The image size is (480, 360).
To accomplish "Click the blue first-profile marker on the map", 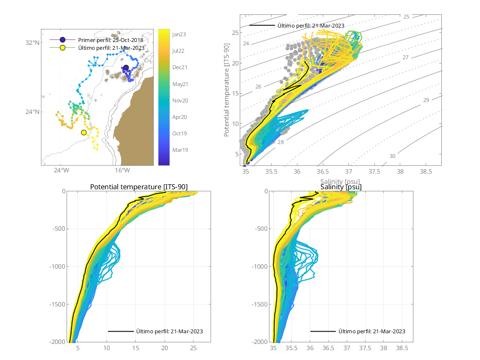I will [x=126, y=67].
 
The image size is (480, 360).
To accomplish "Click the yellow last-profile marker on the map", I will [x=84, y=132].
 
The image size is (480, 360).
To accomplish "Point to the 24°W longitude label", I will [x=61, y=171].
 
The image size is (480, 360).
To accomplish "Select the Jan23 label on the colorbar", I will [x=179, y=35].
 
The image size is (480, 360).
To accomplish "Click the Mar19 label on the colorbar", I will [x=180, y=150].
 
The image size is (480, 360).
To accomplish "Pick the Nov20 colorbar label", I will [x=180, y=100].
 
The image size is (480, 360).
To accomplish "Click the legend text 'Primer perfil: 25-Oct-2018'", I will [x=110, y=40].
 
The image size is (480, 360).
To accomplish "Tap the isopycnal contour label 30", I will [x=392, y=156].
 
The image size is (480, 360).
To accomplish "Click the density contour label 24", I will [x=246, y=43].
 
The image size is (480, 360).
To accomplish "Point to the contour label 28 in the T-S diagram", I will [x=281, y=142].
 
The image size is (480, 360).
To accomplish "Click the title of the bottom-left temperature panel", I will [x=139, y=187].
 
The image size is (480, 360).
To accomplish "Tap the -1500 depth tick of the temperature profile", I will [x=57, y=304].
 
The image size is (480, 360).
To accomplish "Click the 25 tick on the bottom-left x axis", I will [x=193, y=348].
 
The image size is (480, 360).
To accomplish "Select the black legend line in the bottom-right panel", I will [x=322, y=331].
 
